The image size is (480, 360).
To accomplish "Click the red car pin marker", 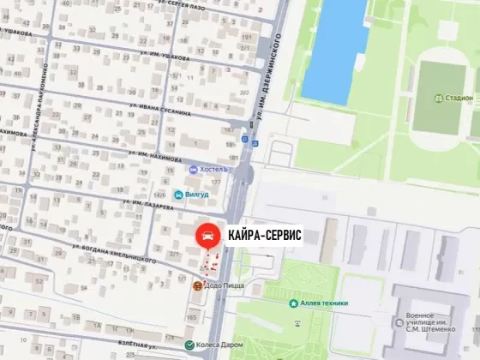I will pos(207,233).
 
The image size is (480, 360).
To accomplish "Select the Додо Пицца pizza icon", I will pos(198,286).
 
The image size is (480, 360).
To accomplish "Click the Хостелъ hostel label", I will pos(213,169).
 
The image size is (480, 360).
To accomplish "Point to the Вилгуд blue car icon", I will pos(178,195).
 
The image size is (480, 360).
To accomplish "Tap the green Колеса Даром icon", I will pos(190,345).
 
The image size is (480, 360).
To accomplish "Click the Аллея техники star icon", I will pos(294,303).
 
